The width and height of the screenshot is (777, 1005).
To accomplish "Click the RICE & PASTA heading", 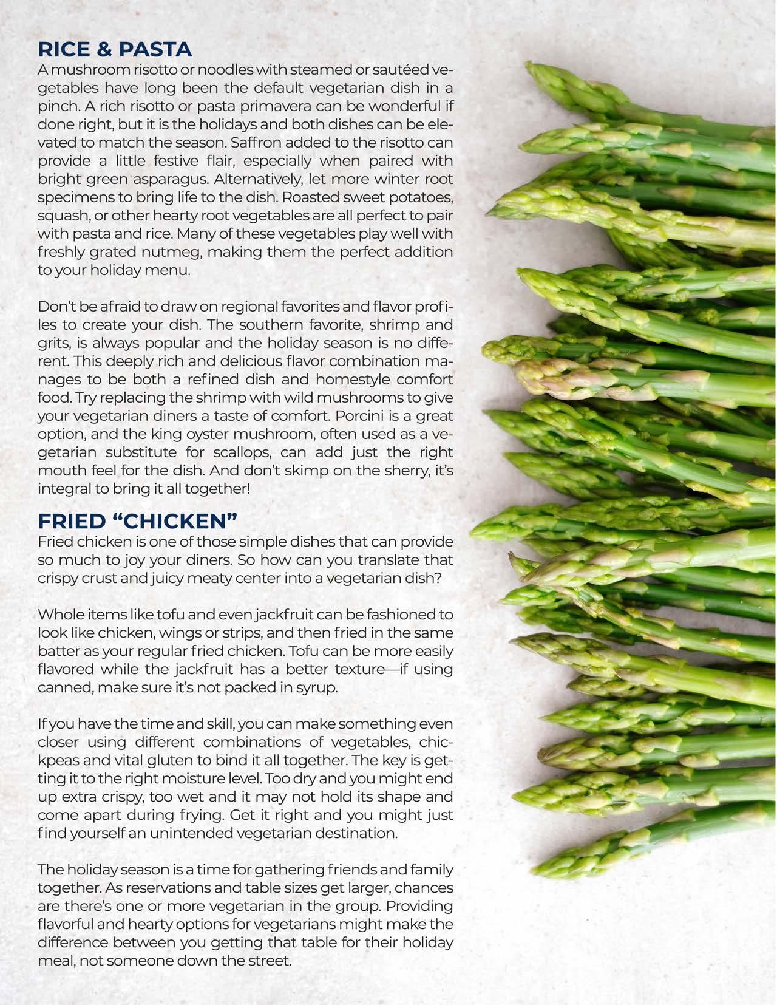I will tap(115, 49).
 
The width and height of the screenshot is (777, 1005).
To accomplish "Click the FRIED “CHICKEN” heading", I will tap(137, 521).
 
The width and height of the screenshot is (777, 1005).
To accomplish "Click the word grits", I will tap(53, 343).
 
